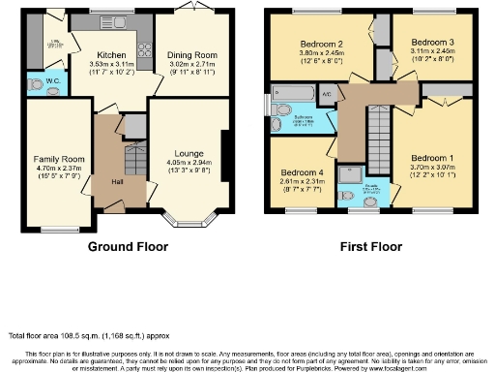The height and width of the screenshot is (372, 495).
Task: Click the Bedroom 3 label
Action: pyautogui.click(x=426, y=44)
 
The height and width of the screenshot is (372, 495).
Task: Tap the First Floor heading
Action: pyautogui.click(x=370, y=247)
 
